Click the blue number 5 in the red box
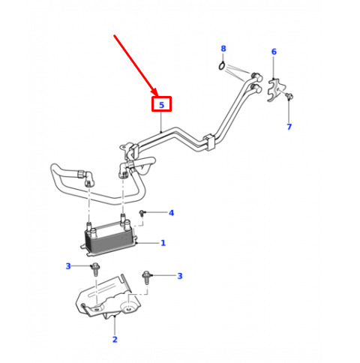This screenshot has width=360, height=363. pyautogui.click(x=161, y=105)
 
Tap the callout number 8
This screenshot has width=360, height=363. pyautogui.click(x=223, y=49)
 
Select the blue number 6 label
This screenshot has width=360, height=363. pyautogui.click(x=274, y=52)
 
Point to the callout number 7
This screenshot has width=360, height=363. pyautogui.click(x=289, y=127)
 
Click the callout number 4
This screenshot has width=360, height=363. pyautogui.click(x=171, y=213)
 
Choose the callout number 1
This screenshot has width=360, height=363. pyautogui.click(x=163, y=243)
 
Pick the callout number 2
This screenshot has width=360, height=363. pyautogui.click(x=115, y=340)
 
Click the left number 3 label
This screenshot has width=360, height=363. pyautogui.click(x=68, y=266)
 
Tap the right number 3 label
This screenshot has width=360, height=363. pyautogui.click(x=180, y=276)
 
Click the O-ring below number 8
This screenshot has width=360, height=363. pyautogui.click(x=222, y=66)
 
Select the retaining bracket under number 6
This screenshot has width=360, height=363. pyautogui.click(x=275, y=90)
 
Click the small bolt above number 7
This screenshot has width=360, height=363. pyautogui.click(x=289, y=96)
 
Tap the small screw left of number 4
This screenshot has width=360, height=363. pyautogui.click(x=142, y=213)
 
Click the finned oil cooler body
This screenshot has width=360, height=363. pyautogui.click(x=110, y=238)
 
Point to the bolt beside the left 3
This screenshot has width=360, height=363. pyautogui.click(x=95, y=269)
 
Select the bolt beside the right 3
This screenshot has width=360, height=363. pyautogui.click(x=146, y=277)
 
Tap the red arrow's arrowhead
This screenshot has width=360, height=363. pyautogui.click(x=154, y=92)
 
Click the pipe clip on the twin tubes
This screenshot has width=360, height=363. pyautogui.click(x=209, y=142)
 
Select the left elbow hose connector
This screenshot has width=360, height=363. pyautogui.click(x=87, y=177)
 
